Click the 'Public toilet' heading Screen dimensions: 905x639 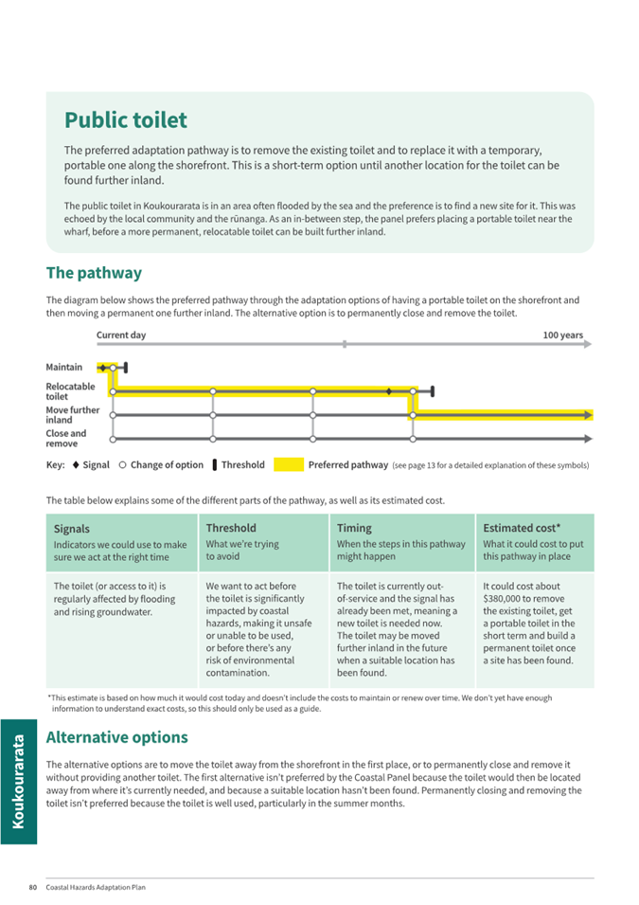pyautogui.click(x=126, y=120)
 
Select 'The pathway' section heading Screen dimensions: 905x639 pyautogui.click(x=94, y=273)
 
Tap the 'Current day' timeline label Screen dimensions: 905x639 pyautogui.click(x=121, y=335)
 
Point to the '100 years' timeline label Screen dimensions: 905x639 pyautogui.click(x=562, y=335)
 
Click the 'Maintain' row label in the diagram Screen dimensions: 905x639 pyautogui.click(x=64, y=367)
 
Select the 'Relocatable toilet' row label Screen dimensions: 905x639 pyautogui.click(x=70, y=391)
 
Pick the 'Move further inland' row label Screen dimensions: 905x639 pyautogui.click(x=72, y=415)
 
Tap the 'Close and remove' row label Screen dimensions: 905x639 pyautogui.click(x=66, y=439)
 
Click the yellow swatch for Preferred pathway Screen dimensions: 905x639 pyautogui.click(x=289, y=465)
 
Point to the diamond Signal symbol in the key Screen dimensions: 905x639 pyautogui.click(x=75, y=465)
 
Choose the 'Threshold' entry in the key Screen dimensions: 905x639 pyautogui.click(x=242, y=465)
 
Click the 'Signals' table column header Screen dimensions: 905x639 pyautogui.click(x=72, y=529)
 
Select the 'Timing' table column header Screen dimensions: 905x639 pyautogui.click(x=354, y=528)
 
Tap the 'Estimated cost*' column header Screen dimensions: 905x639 pyautogui.click(x=522, y=528)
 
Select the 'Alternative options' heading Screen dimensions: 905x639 pyautogui.click(x=116, y=737)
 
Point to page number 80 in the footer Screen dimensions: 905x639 pyautogui.click(x=33, y=888)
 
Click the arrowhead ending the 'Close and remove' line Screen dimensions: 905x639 pyautogui.click(x=589, y=439)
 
